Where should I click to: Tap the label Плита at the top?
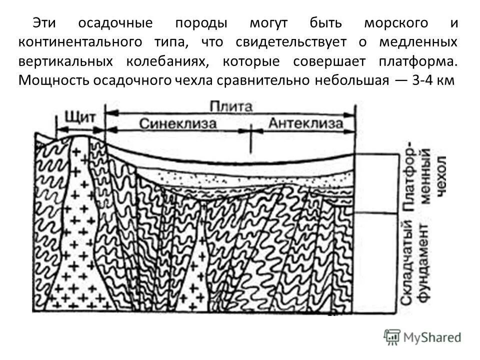[x=231, y=106]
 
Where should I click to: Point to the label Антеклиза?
[x=305, y=123]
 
